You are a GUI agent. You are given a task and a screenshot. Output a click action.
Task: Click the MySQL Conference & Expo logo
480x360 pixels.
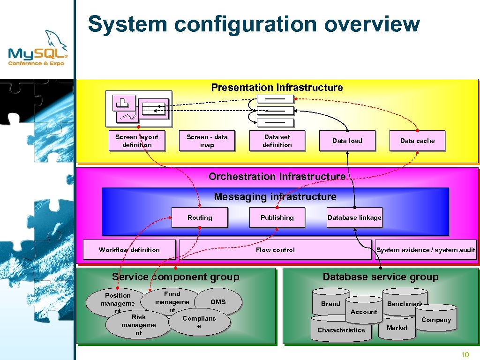pyautogui.click(x=37, y=49)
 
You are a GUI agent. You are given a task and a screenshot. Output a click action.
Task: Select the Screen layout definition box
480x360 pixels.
pyautogui.click(x=136, y=141)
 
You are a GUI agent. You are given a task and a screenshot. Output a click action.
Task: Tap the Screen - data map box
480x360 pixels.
pyautogui.click(x=207, y=141)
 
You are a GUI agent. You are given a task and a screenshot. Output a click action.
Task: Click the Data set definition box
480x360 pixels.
pyautogui.click(x=277, y=141)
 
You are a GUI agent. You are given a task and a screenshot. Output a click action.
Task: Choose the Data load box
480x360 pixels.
pyautogui.click(x=347, y=141)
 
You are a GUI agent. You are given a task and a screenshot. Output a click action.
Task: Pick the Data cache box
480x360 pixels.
pyautogui.click(x=417, y=141)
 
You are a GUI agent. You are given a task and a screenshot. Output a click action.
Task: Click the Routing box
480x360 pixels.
pyautogui.click(x=200, y=217)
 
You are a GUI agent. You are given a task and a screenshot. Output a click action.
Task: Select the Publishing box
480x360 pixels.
pyautogui.click(x=277, y=217)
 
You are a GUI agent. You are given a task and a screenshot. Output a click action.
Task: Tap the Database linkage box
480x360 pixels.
pyautogui.click(x=354, y=217)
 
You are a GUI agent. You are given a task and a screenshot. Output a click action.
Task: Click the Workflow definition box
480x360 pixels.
pyautogui.click(x=129, y=250)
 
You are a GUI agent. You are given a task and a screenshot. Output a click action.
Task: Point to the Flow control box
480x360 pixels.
pyautogui.click(x=275, y=250)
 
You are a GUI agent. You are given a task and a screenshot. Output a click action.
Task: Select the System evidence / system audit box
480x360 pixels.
pyautogui.click(x=426, y=250)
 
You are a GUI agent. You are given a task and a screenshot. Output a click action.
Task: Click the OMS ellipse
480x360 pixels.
pyautogui.click(x=218, y=302)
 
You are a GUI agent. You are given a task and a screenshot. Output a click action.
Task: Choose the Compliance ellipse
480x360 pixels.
pyautogui.click(x=200, y=322)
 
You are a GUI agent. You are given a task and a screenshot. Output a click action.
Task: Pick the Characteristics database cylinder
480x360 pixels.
pyautogui.click(x=341, y=330)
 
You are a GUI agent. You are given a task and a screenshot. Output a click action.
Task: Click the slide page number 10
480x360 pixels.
pyautogui.click(x=465, y=354)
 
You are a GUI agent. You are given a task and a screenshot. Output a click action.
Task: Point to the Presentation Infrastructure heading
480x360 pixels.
pyautogui.click(x=277, y=88)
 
